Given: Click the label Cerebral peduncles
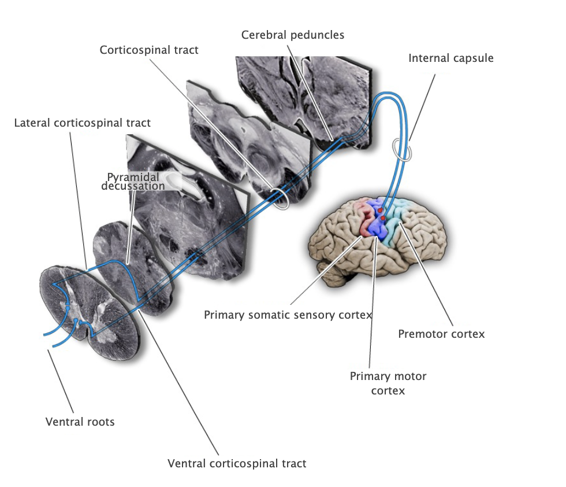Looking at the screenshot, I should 292,35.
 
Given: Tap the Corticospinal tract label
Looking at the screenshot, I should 149,50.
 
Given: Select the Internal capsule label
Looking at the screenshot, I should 451,58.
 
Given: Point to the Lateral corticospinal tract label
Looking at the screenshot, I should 82,123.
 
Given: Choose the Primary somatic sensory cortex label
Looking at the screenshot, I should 288,315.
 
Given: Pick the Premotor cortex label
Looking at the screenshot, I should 441,334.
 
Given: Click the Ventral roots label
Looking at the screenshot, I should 80,422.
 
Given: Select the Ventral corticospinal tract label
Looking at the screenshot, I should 237,463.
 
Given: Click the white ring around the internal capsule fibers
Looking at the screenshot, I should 402,150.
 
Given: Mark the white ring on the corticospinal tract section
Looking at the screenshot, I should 281,198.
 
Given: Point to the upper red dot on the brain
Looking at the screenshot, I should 380,211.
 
